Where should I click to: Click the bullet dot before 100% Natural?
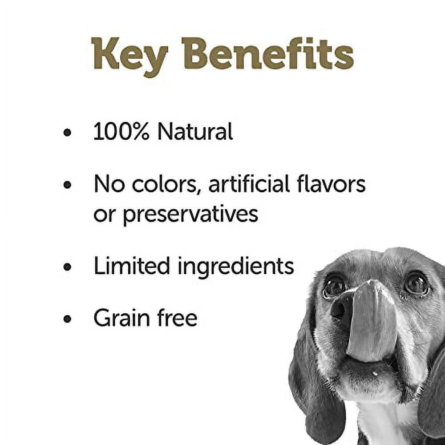coord(67,133)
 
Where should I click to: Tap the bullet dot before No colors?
coord(67,185)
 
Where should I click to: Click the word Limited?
coord(132,266)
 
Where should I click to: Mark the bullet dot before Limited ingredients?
coord(67,267)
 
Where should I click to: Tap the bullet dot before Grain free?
coord(67,319)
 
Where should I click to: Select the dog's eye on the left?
coord(334,286)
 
